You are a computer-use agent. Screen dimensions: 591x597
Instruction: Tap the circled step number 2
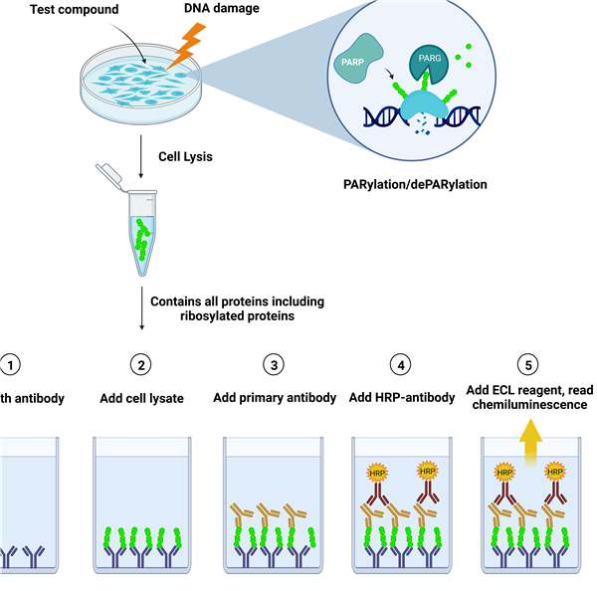point(142,365)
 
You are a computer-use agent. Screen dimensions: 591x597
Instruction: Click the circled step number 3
point(273,365)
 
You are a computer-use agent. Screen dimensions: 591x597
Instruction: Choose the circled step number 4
point(402,365)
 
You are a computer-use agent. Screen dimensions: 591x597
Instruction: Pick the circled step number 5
point(531,365)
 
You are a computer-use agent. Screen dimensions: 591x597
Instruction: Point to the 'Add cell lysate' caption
point(142,398)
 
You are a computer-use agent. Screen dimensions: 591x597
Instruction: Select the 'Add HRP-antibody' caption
point(402,398)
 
